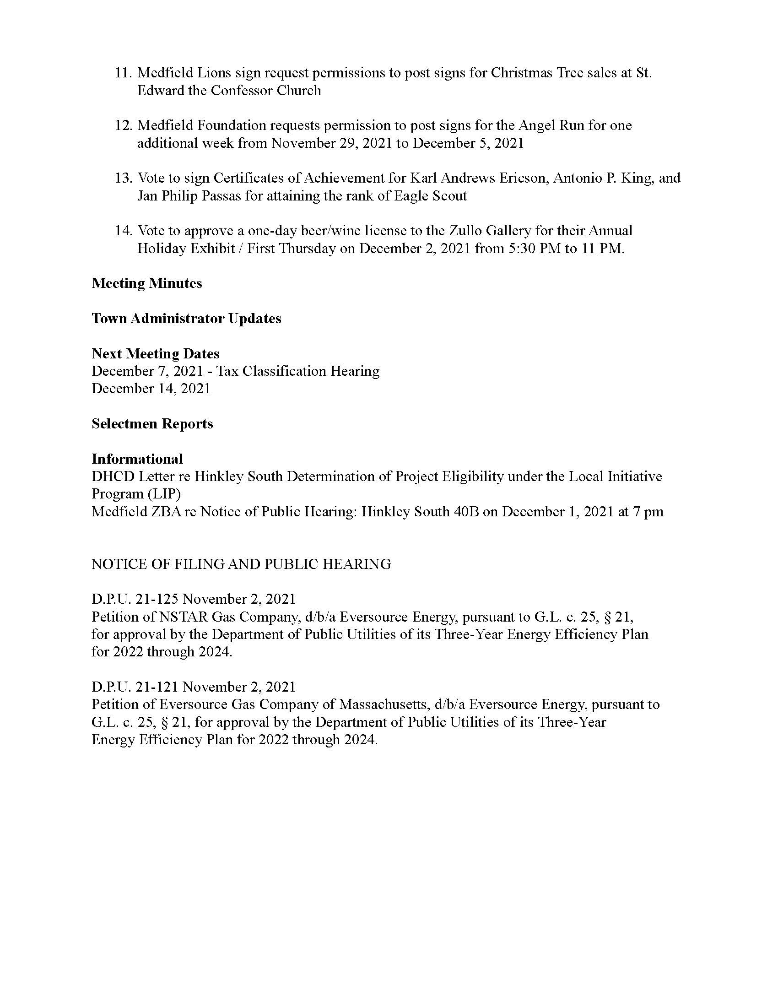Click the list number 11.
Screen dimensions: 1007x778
click(123, 73)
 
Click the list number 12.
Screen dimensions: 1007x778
click(123, 125)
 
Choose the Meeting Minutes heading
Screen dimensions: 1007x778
click(146, 283)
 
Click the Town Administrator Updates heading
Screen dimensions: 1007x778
click(186, 319)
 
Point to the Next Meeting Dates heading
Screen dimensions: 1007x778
click(155, 354)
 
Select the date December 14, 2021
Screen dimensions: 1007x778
click(151, 389)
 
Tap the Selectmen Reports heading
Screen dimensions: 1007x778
click(152, 424)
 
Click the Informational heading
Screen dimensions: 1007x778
click(137, 459)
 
